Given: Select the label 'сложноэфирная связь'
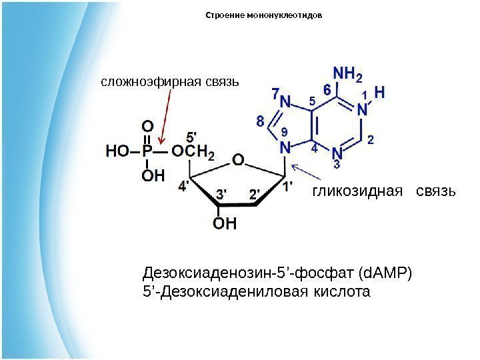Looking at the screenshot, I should [169, 82].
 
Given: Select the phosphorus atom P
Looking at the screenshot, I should [147, 152].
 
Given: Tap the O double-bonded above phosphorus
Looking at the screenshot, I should [147, 125].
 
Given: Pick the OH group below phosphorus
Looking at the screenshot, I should [153, 176].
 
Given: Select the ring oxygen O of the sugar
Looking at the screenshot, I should [238, 161].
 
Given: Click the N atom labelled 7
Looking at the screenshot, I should [286, 101].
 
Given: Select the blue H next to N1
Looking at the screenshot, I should [379, 93].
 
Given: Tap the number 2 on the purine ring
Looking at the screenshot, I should [371, 139].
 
